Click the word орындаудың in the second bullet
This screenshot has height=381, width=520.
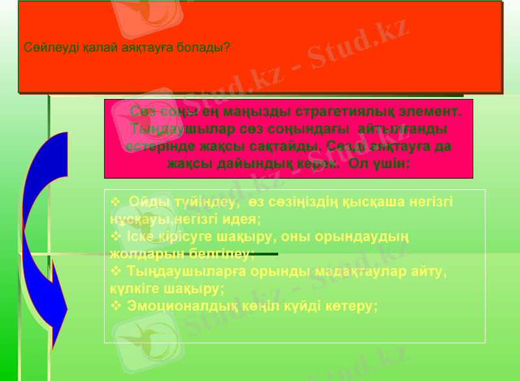pyautogui.click(x=369, y=235)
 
